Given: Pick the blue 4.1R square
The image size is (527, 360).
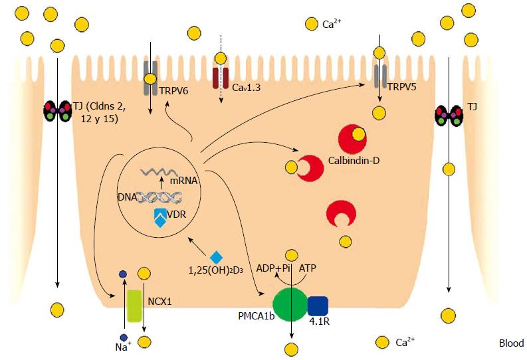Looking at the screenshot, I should (x=318, y=306).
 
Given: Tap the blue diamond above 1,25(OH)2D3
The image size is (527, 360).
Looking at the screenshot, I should (x=216, y=257).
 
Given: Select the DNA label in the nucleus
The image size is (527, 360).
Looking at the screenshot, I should (x=126, y=197).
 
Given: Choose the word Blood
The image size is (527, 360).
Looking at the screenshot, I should (x=511, y=343).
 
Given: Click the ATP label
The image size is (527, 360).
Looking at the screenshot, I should (x=309, y=269).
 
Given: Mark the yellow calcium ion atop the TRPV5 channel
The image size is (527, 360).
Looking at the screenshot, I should (x=378, y=52).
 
